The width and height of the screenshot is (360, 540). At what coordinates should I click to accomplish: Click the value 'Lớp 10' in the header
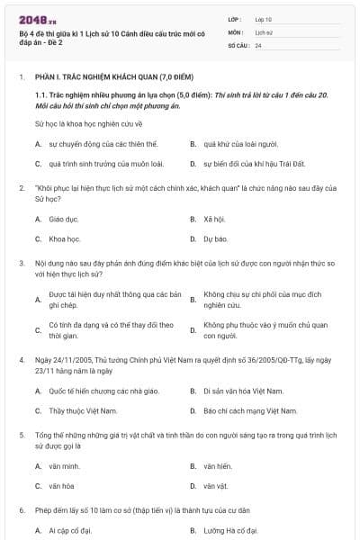tap(264, 18)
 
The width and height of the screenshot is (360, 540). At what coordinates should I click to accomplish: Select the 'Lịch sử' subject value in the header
tap(264, 31)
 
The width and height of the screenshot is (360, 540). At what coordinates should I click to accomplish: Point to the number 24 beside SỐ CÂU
tap(258, 45)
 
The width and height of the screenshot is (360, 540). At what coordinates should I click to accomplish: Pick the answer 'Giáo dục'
tap(64, 219)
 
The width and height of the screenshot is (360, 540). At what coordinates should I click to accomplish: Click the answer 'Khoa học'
tap(65, 239)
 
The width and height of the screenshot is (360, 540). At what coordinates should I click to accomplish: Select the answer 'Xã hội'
tap(213, 219)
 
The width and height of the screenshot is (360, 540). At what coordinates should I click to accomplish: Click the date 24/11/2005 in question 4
tap(76, 358)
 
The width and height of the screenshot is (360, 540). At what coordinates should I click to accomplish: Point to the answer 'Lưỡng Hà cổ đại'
tap(230, 531)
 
